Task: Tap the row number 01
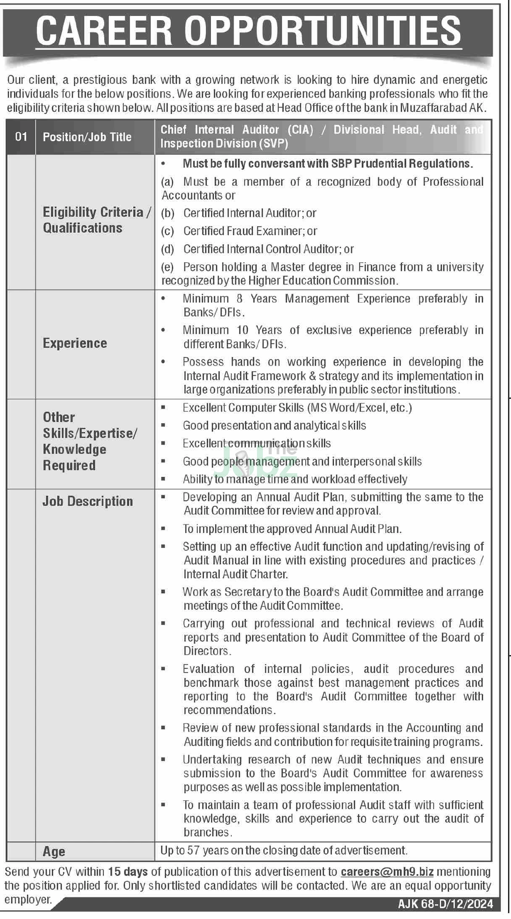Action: point(21,137)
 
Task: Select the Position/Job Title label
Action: point(87,137)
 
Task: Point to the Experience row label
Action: point(75,343)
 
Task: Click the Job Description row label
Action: point(87,501)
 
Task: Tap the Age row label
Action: point(54,852)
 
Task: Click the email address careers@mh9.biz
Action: point(387,872)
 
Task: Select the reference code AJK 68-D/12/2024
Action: point(445,904)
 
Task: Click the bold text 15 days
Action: point(128,872)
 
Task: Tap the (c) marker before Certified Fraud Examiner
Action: point(168,231)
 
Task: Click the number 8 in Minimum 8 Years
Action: point(239,299)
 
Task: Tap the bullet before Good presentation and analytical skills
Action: point(163,425)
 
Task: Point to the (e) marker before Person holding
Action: point(168,267)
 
